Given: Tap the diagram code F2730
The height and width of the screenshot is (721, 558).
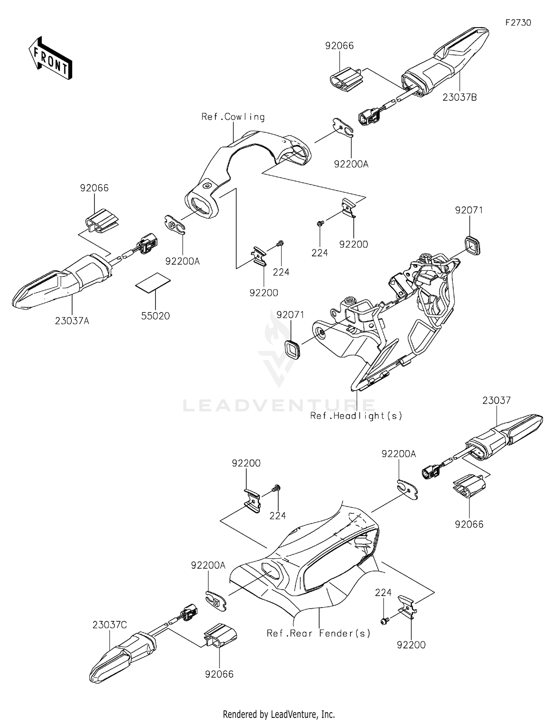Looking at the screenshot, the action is tap(518, 23).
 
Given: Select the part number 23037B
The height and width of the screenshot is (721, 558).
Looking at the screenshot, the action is tap(460, 97).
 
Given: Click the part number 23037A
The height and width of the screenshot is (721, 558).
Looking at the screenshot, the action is tap(72, 321).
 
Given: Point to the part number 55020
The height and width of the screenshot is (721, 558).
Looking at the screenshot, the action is tap(155, 316).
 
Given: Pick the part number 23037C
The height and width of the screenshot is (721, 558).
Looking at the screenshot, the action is tap(110, 625).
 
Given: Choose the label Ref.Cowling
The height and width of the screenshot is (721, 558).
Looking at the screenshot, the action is tap(233, 117).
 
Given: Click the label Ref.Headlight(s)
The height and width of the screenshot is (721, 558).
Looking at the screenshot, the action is tap(356, 416).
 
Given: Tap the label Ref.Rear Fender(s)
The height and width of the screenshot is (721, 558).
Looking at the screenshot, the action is tap(319, 633).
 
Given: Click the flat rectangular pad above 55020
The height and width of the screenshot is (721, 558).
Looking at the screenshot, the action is tap(153, 283).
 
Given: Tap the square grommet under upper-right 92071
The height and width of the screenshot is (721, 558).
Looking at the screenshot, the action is tap(472, 245).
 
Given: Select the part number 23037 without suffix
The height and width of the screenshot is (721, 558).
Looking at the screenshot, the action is tap(497, 400).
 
